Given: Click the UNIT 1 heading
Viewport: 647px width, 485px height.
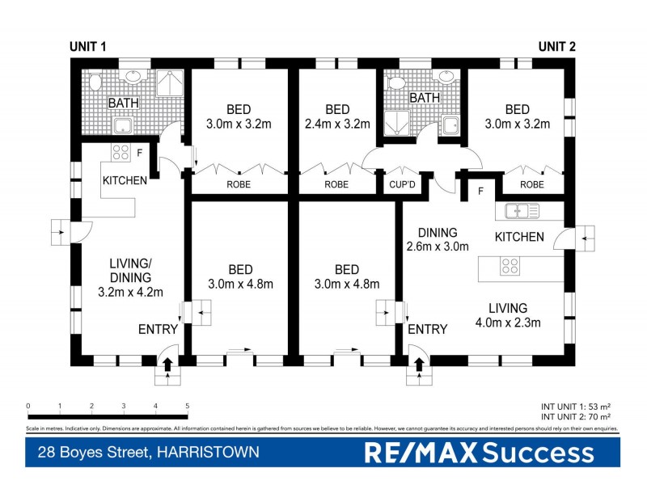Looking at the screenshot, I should (x=87, y=48).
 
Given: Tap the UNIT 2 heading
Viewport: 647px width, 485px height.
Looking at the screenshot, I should (x=557, y=47).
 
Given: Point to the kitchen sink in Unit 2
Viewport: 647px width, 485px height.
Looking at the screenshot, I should (x=522, y=212).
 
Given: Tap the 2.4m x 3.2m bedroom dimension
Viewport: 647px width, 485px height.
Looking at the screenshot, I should (x=337, y=124).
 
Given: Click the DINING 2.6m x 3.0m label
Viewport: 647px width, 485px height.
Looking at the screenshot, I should (x=437, y=240).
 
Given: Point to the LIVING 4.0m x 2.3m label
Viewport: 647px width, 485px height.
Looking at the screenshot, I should (x=507, y=315).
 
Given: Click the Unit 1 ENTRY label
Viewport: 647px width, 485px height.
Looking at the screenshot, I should (x=159, y=329).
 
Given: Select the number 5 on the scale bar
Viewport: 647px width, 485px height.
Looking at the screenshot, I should (x=187, y=407).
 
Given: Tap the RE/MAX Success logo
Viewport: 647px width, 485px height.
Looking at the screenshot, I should (x=479, y=453).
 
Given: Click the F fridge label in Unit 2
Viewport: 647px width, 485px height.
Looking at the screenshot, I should (x=480, y=192).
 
